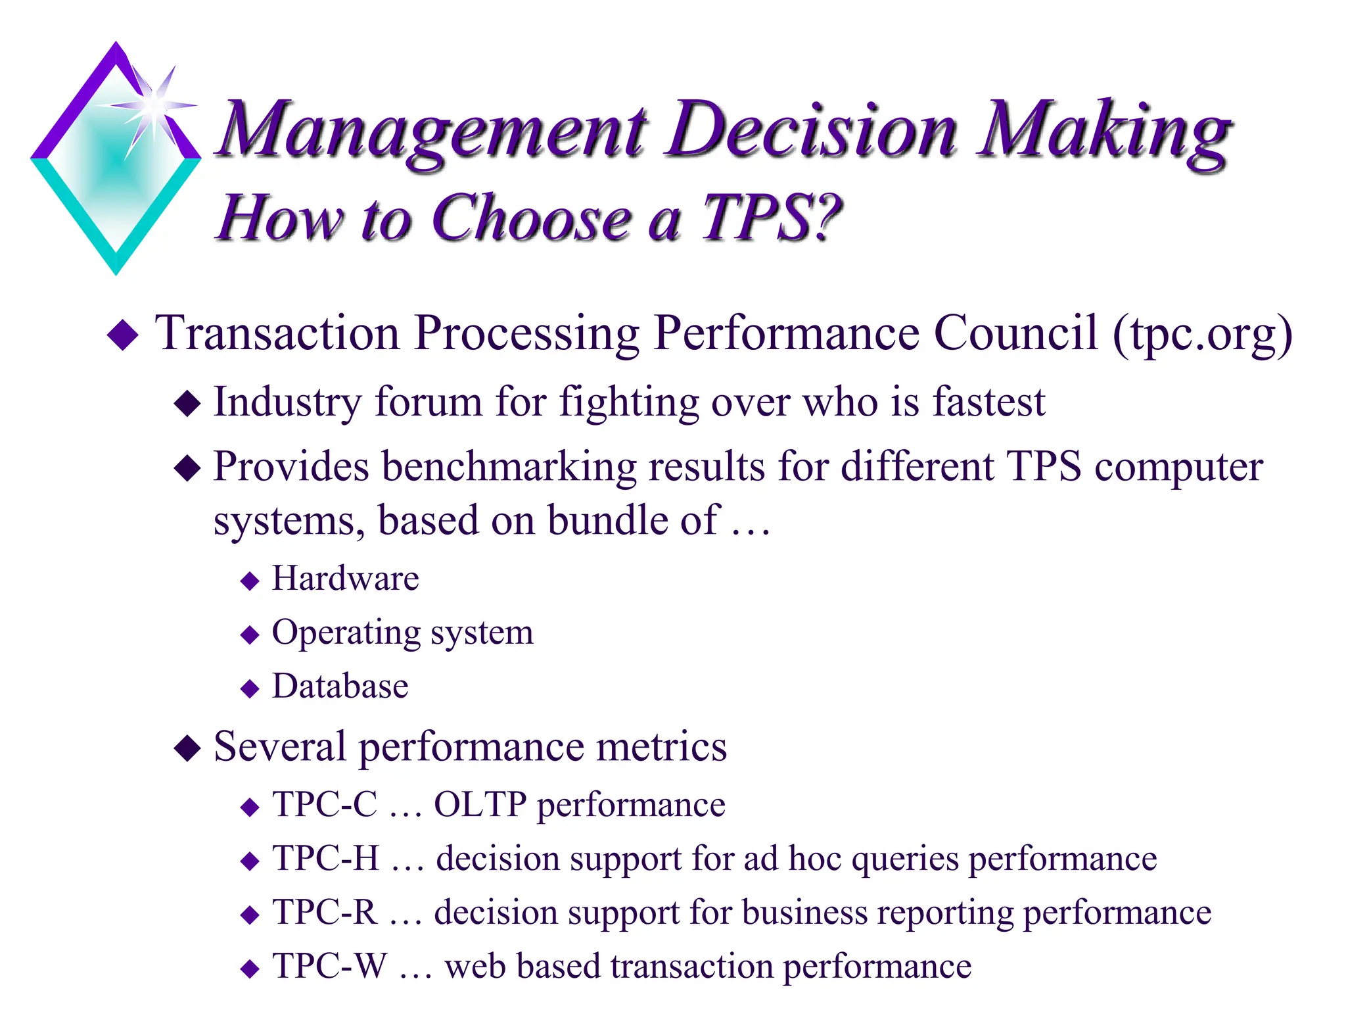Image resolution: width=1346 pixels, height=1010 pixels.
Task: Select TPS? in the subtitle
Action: click(772, 218)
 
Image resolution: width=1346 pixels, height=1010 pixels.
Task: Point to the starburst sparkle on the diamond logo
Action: click(154, 104)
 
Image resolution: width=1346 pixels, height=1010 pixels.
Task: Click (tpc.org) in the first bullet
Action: click(1202, 334)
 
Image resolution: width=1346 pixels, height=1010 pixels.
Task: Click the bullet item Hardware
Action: click(345, 579)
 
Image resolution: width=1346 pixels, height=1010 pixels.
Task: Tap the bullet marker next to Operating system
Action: click(250, 635)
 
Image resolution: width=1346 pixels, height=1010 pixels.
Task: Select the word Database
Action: click(340, 686)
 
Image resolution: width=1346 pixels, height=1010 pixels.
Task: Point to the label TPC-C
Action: click(325, 804)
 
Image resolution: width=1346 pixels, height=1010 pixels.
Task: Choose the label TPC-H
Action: click(326, 858)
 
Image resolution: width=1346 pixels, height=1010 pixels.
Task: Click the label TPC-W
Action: click(330, 967)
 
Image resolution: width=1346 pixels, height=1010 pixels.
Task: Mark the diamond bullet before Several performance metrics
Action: click(187, 748)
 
